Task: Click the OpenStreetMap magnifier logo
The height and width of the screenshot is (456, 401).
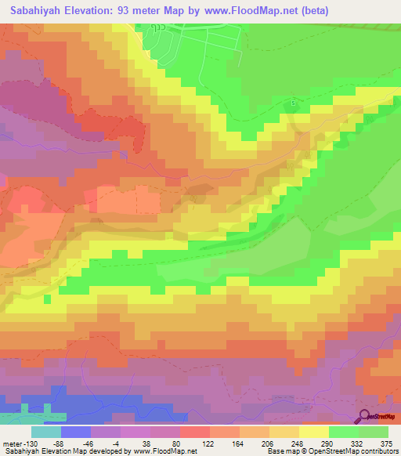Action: click(364, 418)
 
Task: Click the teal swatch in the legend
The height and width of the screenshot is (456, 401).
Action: click(46, 432)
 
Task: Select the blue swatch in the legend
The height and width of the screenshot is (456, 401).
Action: click(76, 432)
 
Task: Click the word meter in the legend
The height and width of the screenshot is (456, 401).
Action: click(10, 444)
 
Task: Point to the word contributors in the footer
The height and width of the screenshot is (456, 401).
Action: click(378, 452)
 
